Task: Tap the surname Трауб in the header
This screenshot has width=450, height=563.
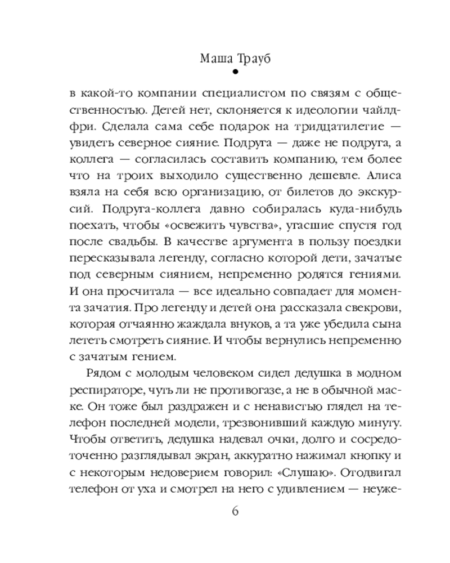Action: click(x=250, y=59)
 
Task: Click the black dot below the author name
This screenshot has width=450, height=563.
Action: click(x=225, y=72)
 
